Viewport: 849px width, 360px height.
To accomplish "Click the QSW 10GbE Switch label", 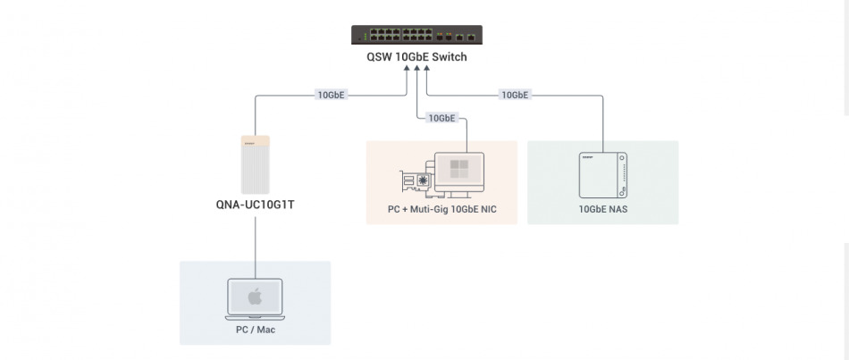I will (x=416, y=57).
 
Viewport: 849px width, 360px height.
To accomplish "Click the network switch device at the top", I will (x=416, y=35).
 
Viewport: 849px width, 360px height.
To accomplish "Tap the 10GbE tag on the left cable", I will (x=332, y=94).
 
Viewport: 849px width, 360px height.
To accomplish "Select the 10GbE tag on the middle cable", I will (x=442, y=118).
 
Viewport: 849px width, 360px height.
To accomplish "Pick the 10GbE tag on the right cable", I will (x=515, y=94).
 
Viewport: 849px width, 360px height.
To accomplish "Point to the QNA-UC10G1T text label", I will (x=256, y=205).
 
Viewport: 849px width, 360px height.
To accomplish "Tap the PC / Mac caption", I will (x=255, y=331).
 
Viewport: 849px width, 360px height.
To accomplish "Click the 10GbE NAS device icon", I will (x=603, y=174).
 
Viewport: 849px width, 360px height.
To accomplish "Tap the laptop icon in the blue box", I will (x=255, y=299).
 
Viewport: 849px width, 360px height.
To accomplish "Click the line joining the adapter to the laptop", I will (x=256, y=241).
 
